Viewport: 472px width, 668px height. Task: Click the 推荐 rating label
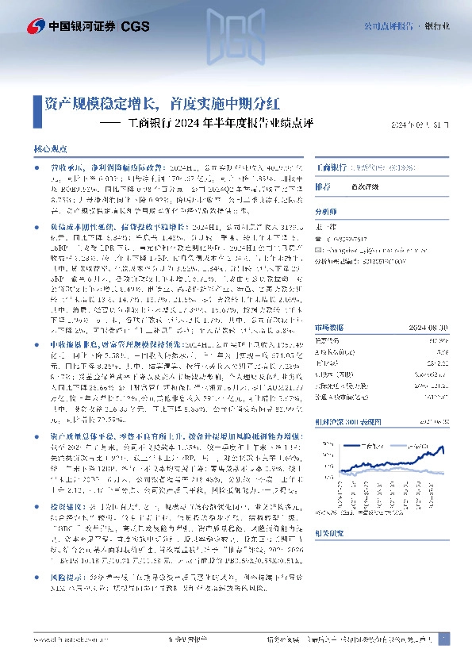coord(323,186)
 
